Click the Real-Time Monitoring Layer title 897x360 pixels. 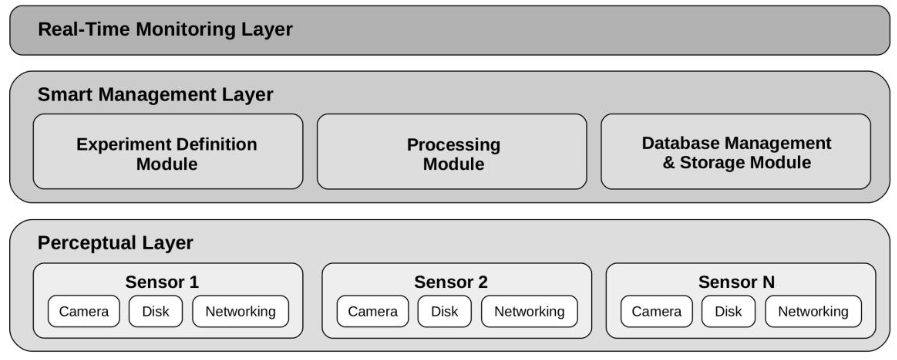pos(165,29)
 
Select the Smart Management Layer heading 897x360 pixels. pos(155,94)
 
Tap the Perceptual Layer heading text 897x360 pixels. pos(115,243)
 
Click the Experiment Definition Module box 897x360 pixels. pos(168,152)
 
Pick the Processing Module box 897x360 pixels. pos(452,152)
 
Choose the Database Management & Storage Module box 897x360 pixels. pos(736,152)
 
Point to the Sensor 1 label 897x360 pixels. pos(162,282)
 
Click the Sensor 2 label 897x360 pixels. pos(451,282)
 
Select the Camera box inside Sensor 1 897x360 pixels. pos(84,311)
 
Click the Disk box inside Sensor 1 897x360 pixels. pos(156,311)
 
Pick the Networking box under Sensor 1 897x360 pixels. pos(241,311)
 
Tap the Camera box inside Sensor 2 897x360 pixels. pos(373,311)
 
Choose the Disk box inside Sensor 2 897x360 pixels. pos(445,311)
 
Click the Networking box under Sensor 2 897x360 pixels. pos(529,311)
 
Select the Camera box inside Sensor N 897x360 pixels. pos(656,311)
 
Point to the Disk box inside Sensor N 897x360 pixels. pos(729,311)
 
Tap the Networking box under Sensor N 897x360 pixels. pos(813,311)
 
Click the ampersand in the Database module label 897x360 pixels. pos(668,163)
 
